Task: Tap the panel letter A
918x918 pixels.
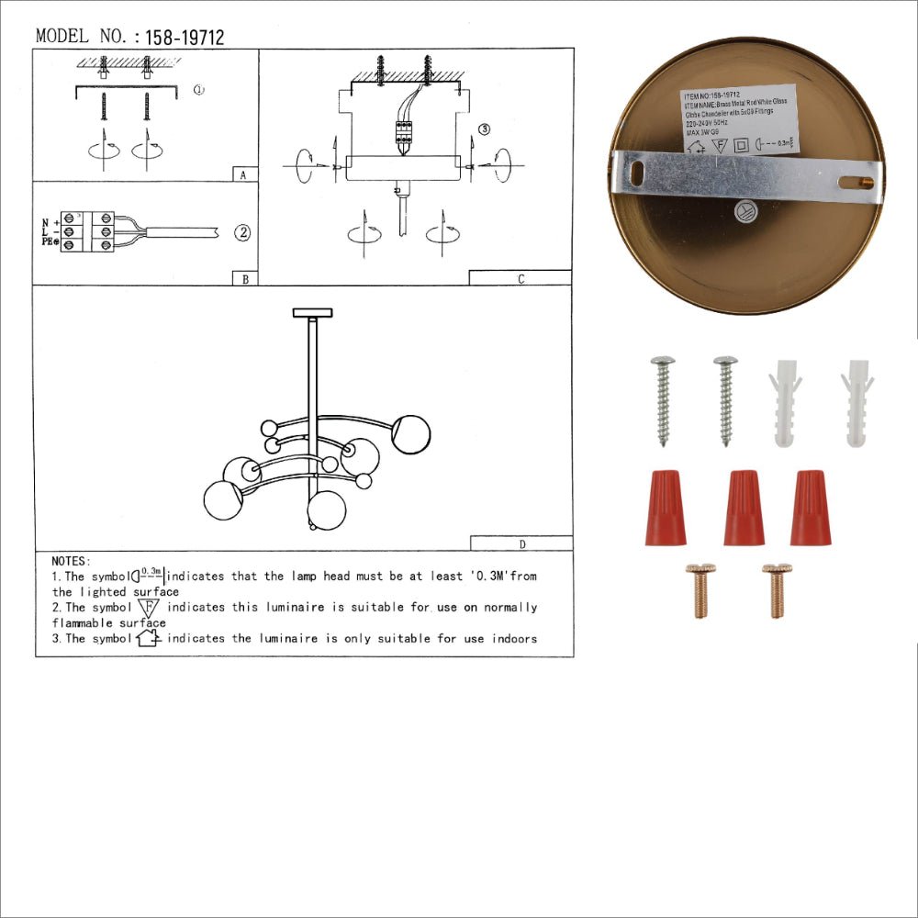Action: pos(241,174)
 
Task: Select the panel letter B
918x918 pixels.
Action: pos(244,279)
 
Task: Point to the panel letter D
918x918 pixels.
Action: pos(521,543)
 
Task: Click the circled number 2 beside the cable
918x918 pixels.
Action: pos(242,232)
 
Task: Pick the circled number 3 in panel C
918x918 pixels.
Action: pos(485,129)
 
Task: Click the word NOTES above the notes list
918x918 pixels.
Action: pos(71,561)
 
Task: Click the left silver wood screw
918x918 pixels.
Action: pos(661,398)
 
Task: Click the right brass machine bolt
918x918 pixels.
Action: pos(777,589)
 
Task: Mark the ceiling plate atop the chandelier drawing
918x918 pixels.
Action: pos(313,313)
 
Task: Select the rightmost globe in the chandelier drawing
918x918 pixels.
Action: pos(410,433)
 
